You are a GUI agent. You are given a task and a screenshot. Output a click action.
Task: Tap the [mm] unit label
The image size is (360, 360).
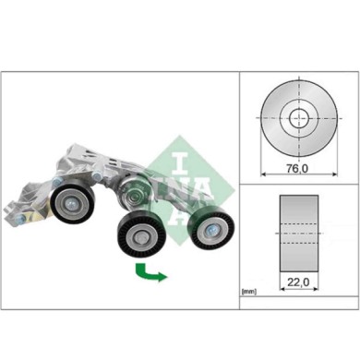pos(248,292)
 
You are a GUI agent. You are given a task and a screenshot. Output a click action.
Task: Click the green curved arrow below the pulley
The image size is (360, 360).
pos(149,271)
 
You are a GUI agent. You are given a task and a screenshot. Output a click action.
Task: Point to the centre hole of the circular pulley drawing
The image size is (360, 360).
pos(297,118)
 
